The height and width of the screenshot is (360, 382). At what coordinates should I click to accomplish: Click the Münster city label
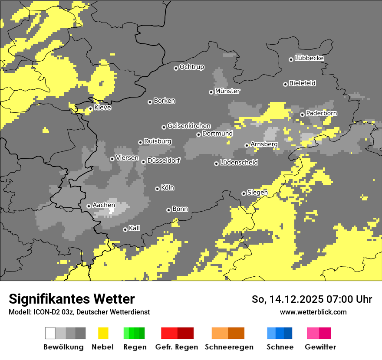coord(227,91)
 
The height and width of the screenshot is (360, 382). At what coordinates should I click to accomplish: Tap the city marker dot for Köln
coord(157,189)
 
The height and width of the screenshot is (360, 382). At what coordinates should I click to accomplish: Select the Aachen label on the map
coord(104,205)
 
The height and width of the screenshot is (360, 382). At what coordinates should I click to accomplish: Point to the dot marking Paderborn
coord(302,115)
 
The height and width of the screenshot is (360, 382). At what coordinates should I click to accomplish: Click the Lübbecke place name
coord(309,58)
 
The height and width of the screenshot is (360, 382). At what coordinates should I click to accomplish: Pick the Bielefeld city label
coord(302,83)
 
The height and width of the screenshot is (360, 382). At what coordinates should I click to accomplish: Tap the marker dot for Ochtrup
coord(176,68)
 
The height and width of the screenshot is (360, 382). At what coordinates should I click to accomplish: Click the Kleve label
coord(102,108)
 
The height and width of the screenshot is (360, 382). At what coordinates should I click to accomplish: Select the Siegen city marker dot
coord(244,193)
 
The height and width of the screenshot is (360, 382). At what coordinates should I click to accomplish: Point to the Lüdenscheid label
coord(239,163)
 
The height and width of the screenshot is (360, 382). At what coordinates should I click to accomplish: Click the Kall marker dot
coord(125,229)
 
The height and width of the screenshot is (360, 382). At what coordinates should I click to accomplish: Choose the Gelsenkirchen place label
coord(189,126)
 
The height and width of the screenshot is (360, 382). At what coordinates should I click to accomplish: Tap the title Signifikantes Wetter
coord(72,299)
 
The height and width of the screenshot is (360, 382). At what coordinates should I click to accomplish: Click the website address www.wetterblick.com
coord(313,312)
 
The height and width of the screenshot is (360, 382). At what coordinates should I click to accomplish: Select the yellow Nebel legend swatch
coord(103,333)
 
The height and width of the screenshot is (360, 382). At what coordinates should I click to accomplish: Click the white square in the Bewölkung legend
coord(50,333)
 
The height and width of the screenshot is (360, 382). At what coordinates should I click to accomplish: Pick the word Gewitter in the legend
coord(320,347)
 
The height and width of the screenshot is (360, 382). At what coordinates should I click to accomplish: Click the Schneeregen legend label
coord(229,347)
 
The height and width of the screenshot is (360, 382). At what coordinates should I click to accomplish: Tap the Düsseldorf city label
coord(163,160)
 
